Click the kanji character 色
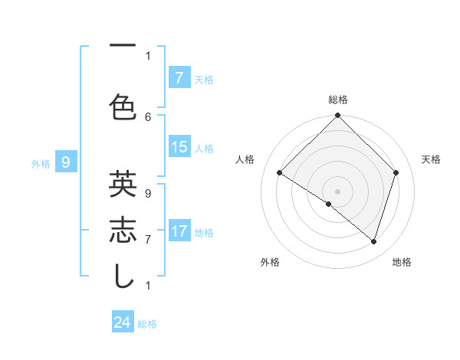coord(123,106)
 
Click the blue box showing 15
coord(179,147)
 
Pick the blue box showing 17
coord(179,231)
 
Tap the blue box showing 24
coord(123,322)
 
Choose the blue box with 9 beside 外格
coord(66,162)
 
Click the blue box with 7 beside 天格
coord(179,78)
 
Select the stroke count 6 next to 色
coord(148,116)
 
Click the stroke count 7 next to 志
coord(148,240)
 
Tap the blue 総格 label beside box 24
coord(147,324)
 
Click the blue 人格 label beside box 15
coord(204,149)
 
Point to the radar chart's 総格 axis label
coord(337,100)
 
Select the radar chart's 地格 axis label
coord(402,262)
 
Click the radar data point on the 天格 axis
coord(396,173)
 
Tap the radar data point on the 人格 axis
coord(279,173)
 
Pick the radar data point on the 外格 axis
coord(329,204)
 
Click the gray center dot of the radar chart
coord(337,191)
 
